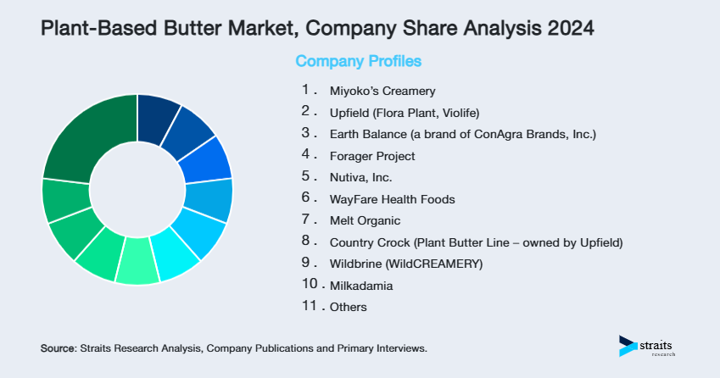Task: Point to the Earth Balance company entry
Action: coord(463,134)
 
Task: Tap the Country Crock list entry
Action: coord(476,243)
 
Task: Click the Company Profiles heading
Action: coord(358,61)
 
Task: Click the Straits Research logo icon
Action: coord(628,345)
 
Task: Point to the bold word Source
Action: coord(59,348)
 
